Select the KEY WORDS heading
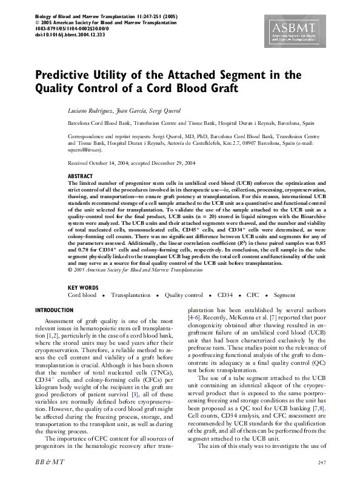(x=82, y=287)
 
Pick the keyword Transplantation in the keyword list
(x=130, y=295)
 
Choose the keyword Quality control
(x=184, y=295)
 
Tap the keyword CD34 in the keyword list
(x=225, y=295)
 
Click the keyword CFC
(x=253, y=295)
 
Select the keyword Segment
(x=284, y=295)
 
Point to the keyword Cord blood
(x=82, y=295)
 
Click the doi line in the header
(x=71, y=35)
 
